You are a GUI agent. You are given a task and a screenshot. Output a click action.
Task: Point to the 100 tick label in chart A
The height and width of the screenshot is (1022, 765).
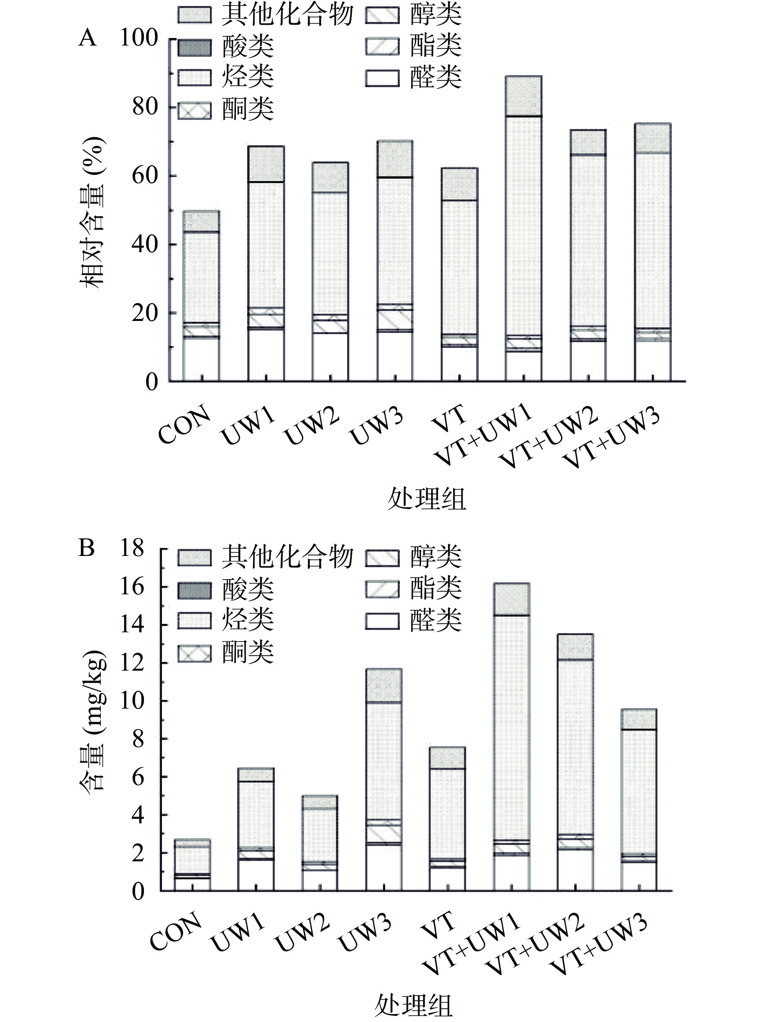click(x=139, y=38)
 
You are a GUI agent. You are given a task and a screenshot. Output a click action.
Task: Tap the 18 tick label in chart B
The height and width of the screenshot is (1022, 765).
click(x=133, y=548)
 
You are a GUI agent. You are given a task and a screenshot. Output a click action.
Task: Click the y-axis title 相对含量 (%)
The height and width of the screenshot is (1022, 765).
click(x=93, y=213)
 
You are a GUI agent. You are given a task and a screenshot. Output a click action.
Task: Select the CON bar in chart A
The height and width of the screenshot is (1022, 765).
click(x=202, y=296)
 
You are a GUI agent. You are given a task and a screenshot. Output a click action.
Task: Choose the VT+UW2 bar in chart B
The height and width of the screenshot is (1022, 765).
click(x=575, y=762)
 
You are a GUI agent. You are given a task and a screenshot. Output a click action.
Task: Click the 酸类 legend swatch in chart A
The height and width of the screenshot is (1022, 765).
click(x=195, y=47)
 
